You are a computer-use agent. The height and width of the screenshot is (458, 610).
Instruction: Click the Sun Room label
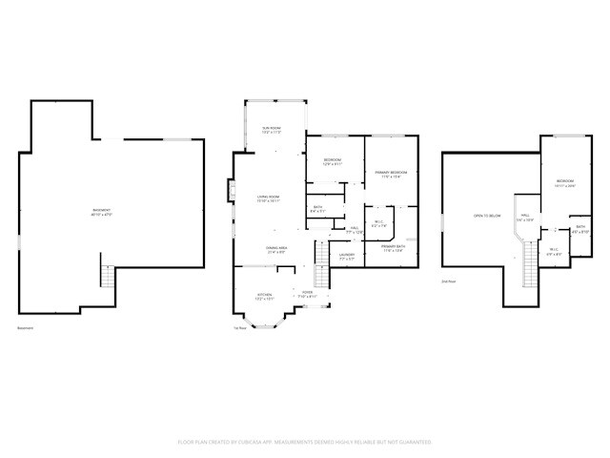(x=272, y=129)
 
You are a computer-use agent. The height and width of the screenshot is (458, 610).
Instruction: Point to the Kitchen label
(x=266, y=297)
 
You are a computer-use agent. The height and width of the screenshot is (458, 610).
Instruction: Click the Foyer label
(x=307, y=294)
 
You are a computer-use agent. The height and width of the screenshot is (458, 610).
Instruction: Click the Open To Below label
(x=487, y=217)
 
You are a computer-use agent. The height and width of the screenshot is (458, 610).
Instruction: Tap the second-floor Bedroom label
(x=565, y=183)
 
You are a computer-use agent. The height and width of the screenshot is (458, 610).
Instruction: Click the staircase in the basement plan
(x=107, y=278)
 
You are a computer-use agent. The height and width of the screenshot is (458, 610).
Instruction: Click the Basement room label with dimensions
(x=100, y=212)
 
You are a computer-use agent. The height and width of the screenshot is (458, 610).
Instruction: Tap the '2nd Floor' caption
(x=448, y=282)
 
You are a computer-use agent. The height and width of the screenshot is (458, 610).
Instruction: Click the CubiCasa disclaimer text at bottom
(x=305, y=442)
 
